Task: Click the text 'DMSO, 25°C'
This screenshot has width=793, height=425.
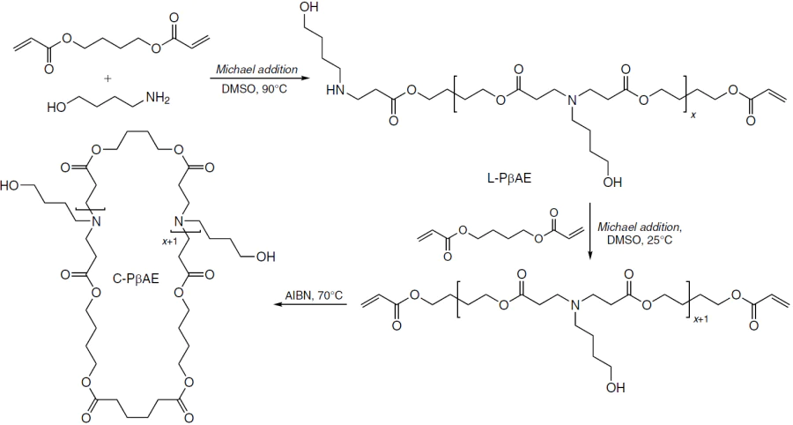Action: [x=640, y=240]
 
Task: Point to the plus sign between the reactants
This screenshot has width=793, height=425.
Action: [x=107, y=79]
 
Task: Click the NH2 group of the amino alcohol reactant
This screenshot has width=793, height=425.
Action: [x=157, y=99]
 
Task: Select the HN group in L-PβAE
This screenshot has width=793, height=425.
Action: [x=336, y=91]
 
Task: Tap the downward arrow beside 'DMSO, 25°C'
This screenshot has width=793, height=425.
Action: [x=590, y=231]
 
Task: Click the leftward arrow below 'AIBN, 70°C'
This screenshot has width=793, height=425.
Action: [x=310, y=305]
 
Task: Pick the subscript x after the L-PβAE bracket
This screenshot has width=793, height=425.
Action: [x=693, y=116]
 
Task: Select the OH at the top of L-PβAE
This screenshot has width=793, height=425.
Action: [x=308, y=7]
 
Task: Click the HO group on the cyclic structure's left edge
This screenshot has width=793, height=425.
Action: [x=10, y=185]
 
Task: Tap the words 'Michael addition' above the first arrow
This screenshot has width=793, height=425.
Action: [x=257, y=70]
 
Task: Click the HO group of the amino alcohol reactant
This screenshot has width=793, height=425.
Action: [x=57, y=108]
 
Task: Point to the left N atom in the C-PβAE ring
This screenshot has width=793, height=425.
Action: [x=96, y=221]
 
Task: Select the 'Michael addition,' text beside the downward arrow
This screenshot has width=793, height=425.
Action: [x=640, y=227]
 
